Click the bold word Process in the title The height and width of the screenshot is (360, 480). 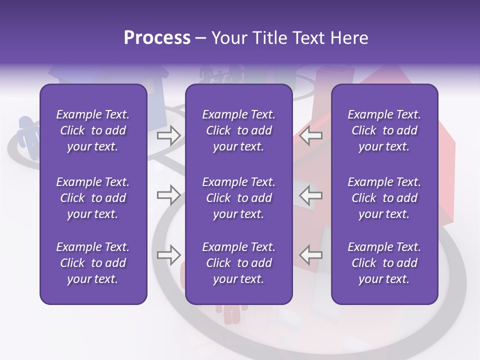tap(157, 38)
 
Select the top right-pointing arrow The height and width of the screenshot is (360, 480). tap(168, 135)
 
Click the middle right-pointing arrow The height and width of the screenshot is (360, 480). tap(168, 195)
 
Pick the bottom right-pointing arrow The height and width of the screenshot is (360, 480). tap(168, 255)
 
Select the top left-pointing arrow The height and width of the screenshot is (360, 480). tap(311, 135)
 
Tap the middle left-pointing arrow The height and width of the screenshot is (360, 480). tap(311, 195)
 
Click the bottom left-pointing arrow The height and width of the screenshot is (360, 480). tap(311, 255)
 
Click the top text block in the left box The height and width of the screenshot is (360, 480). tap(93, 130)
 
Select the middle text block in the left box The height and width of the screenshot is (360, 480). tap(93, 198)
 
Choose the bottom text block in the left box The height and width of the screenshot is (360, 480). tap(93, 263)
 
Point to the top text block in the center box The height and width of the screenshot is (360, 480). tap(238, 130)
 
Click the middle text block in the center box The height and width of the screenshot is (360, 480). tap(238, 198)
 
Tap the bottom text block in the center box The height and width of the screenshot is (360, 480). tap(238, 263)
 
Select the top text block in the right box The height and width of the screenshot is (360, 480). tap(384, 130)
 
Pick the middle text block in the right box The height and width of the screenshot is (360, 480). tap(384, 198)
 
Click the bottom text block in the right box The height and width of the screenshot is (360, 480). tap(384, 263)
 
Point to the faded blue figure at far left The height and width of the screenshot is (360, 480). tap(27, 135)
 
